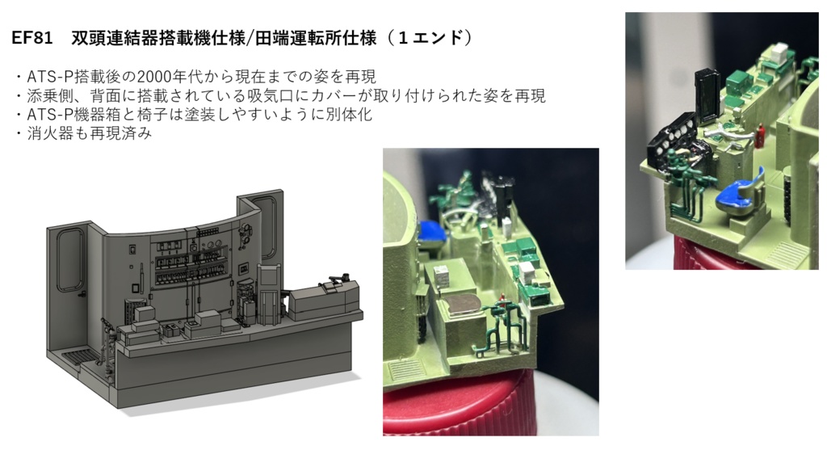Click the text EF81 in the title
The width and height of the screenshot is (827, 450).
click(32, 38)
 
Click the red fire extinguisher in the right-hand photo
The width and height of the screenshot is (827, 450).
click(761, 134)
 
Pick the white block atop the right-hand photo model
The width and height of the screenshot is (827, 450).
click(779, 51)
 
